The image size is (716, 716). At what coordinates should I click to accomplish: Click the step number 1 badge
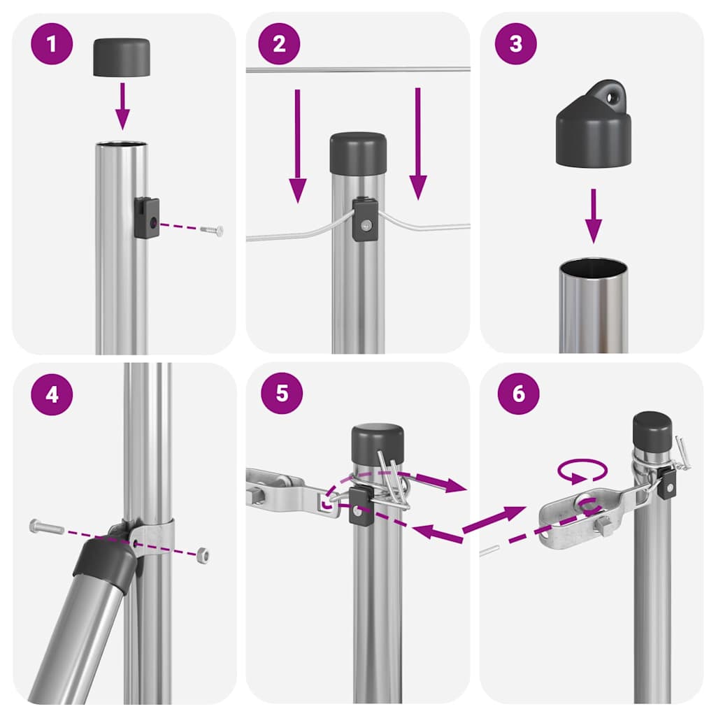tap(51, 44)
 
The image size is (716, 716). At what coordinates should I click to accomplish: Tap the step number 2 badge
tap(280, 44)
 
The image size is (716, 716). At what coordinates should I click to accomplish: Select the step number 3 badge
tap(516, 44)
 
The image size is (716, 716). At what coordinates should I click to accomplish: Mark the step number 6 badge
tap(518, 393)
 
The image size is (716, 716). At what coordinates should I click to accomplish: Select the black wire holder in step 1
tap(147, 217)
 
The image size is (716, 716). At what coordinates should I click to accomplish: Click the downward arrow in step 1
tap(123, 106)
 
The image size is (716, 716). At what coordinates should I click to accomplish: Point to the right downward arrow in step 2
tap(418, 143)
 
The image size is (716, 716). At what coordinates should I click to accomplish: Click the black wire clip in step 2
tap(365, 219)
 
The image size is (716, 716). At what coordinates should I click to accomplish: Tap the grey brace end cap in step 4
tap(105, 562)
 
